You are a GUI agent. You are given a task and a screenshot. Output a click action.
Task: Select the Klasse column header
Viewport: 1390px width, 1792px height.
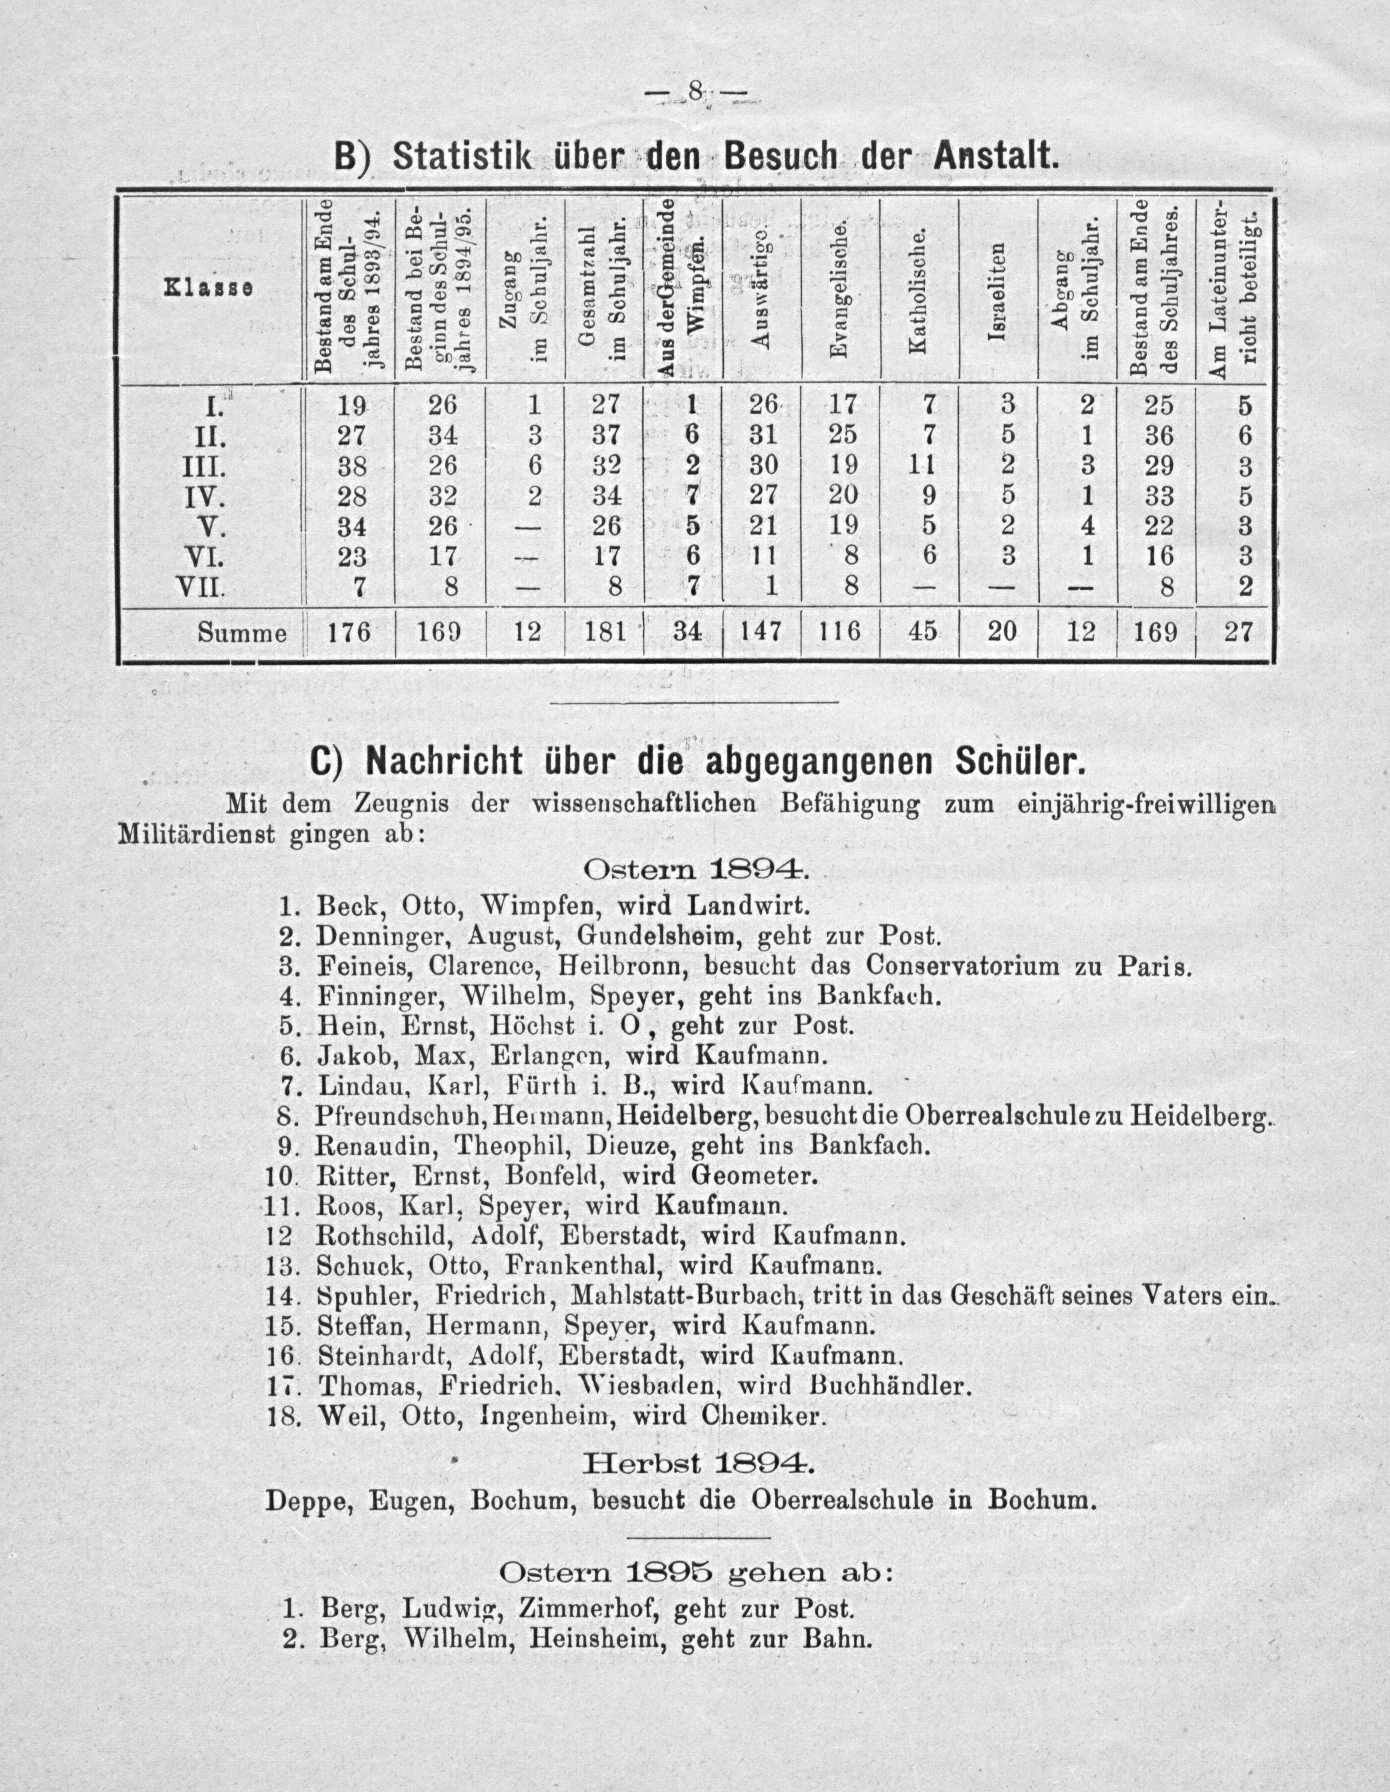tap(209, 289)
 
